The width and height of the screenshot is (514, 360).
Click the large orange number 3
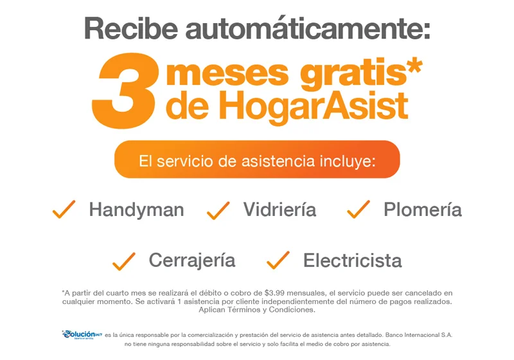125,91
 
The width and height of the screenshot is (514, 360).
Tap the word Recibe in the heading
131,28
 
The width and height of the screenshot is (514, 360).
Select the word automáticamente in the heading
308,28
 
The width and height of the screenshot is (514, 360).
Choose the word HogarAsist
312,107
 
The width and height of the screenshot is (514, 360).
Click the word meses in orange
227,73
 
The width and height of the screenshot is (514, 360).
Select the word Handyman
136,210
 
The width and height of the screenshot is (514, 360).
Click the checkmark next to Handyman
64,209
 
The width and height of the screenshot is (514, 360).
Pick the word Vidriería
279,210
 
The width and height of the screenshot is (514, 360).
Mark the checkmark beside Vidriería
218,210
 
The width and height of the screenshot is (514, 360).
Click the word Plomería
423,210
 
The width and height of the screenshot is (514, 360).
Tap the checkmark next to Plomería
359,209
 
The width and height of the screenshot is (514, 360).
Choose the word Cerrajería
192,260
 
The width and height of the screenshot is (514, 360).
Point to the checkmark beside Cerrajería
124,261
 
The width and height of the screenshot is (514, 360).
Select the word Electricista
352,260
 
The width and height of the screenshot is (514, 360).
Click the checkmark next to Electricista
278,260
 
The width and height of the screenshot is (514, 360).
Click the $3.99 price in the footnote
275,292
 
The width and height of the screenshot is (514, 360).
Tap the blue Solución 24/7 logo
82,335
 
